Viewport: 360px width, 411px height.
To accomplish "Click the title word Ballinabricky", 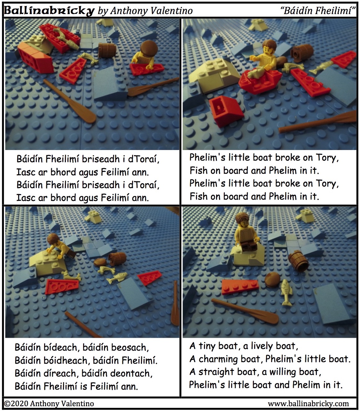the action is tap(49, 11).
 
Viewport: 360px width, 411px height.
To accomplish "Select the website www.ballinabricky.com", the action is tap(308, 404).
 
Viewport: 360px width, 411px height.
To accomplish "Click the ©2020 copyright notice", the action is tap(49, 404).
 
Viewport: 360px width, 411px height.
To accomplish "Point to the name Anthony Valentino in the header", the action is tap(151, 11).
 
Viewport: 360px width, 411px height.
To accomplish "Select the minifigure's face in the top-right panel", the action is tap(268, 49).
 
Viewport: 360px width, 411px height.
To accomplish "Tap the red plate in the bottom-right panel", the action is tap(240, 287).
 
